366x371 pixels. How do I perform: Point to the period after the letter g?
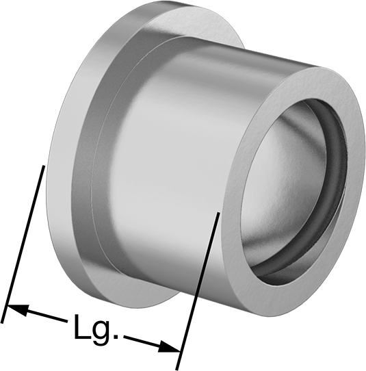116,337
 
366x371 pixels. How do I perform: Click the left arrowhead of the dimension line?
18,310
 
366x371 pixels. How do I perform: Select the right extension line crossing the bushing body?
198,291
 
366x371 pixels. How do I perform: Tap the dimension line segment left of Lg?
38,314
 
